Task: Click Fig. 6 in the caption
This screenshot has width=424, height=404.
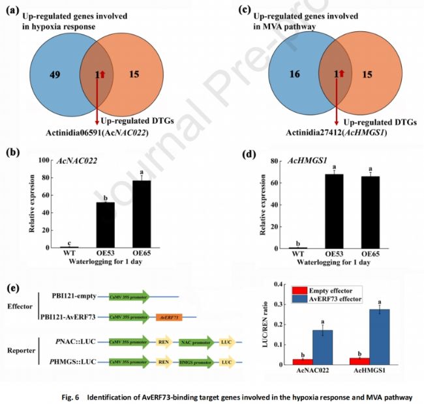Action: (x=82, y=395)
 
